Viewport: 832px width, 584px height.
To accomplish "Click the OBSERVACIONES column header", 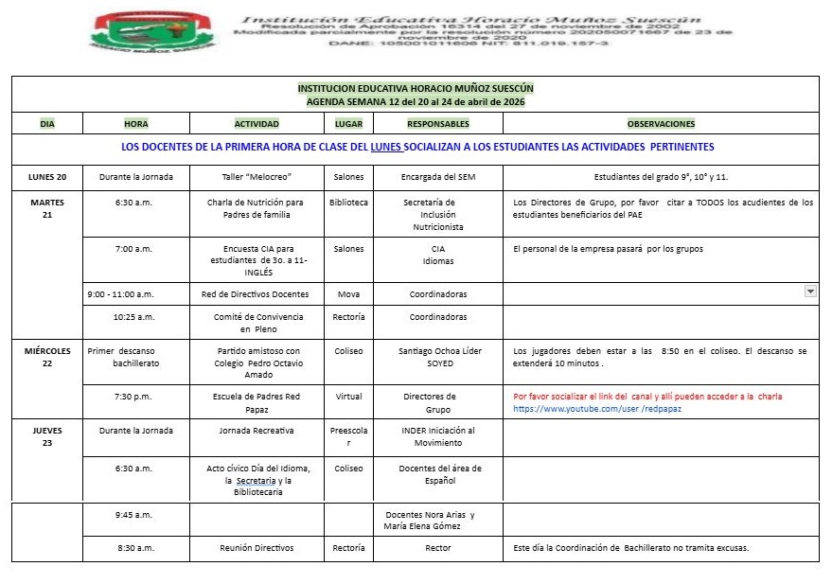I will [x=661, y=124].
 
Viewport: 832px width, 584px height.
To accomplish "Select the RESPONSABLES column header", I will [x=437, y=124].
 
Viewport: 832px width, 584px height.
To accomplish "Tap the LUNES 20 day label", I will [x=47, y=176].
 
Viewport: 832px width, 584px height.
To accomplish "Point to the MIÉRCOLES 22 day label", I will [x=47, y=357].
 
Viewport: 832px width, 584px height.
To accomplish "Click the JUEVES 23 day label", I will [x=47, y=436].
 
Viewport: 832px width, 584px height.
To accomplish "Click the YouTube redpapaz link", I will [x=597, y=409].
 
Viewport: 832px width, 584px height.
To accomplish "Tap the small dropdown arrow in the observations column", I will [x=810, y=292].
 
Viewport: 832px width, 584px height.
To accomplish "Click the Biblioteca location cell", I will [x=348, y=203].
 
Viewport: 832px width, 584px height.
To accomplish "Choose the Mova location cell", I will [x=348, y=294].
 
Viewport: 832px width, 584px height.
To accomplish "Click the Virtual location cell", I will [x=348, y=397].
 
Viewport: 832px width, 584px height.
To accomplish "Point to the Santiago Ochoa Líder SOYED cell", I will [x=439, y=357].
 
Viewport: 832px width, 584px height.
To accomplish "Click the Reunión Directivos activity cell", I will [x=257, y=548].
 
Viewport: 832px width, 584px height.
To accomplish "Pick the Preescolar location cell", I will [x=348, y=436].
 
